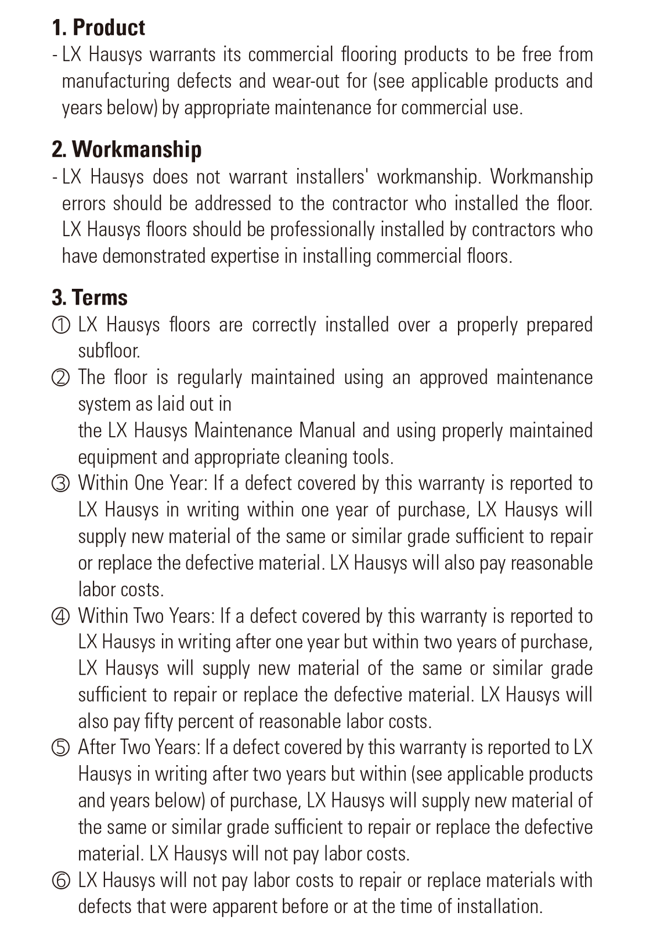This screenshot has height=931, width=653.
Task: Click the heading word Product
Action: coord(109,28)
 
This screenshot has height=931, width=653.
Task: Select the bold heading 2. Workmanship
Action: coord(127,150)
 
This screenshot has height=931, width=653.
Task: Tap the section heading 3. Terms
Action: coord(89,298)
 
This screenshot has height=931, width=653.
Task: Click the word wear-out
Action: coord(306,81)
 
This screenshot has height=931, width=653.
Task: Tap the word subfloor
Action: coord(109,351)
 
